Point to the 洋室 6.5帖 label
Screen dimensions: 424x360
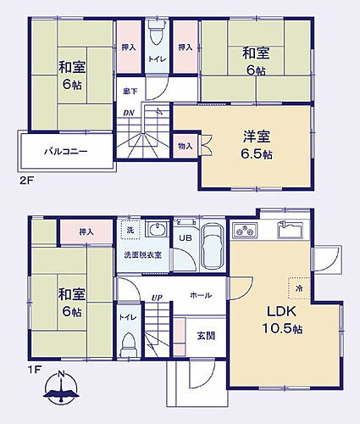[x=255, y=146]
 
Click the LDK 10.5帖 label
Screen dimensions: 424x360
[x=281, y=320]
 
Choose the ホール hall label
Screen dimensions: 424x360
[x=201, y=295]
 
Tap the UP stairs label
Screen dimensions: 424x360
[x=158, y=297]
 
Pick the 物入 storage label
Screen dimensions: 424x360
[x=186, y=146]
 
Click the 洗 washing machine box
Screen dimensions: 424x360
[x=130, y=230]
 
